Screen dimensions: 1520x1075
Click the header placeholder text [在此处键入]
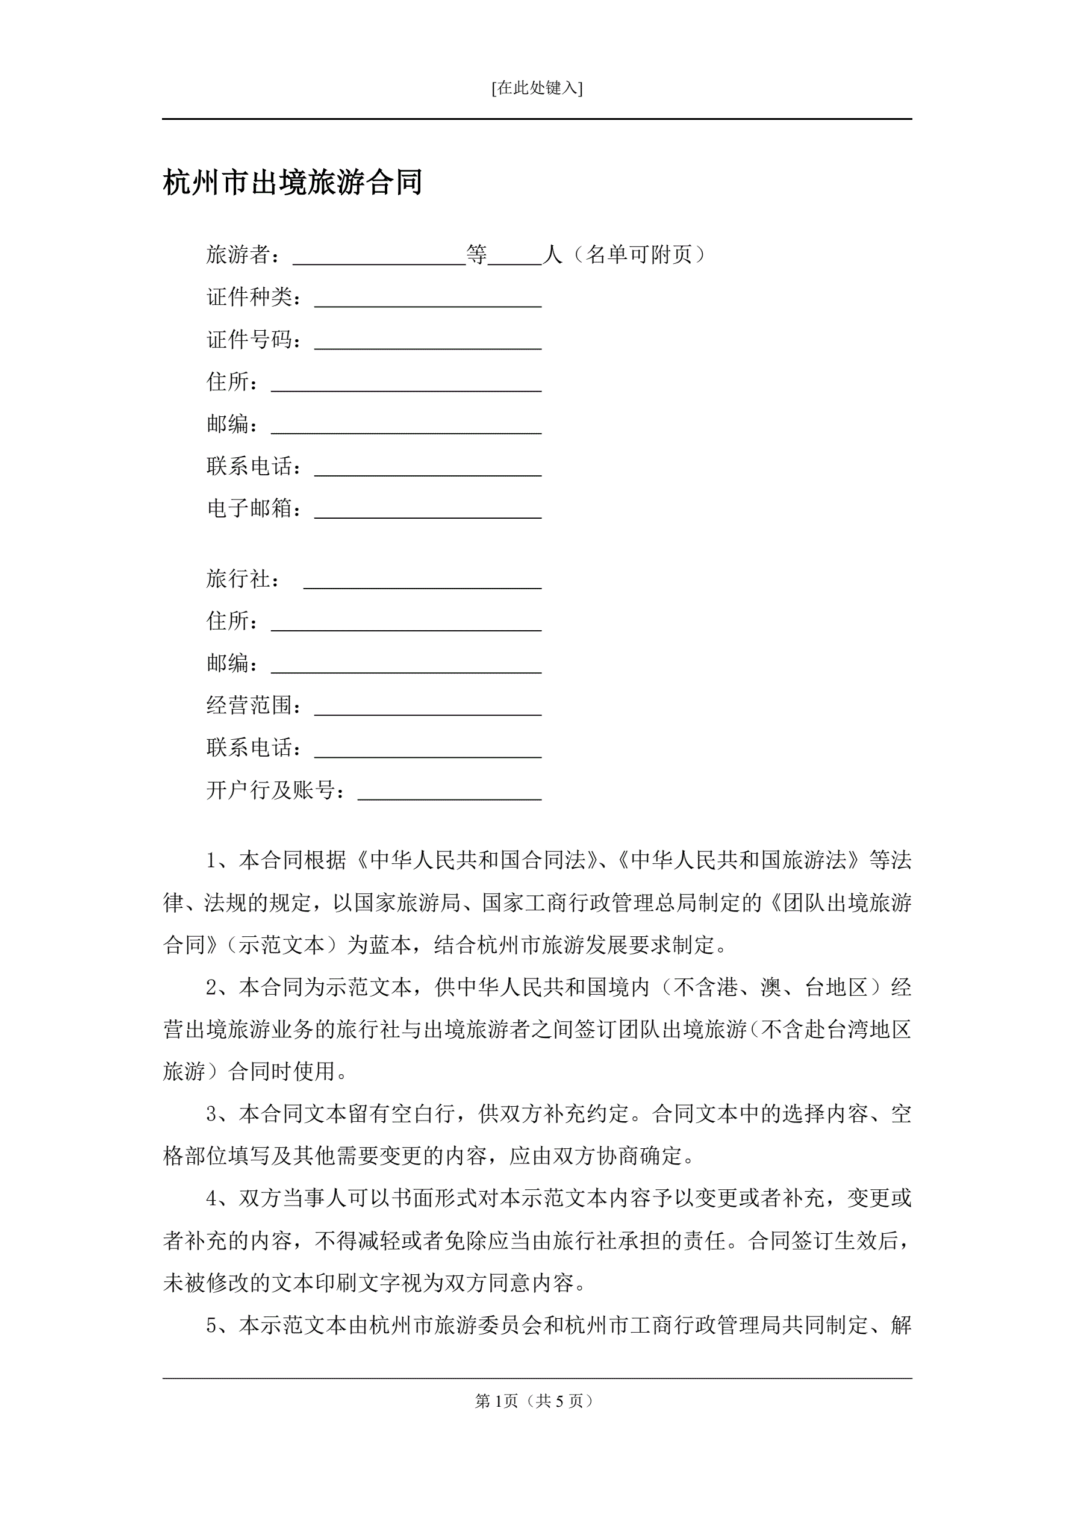[537, 88]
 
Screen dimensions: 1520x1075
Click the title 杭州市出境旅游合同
[293, 183]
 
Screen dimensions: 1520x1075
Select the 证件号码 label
[249, 340]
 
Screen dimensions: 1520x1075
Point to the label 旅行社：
[243, 580]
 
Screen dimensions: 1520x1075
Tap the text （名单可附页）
[639, 254]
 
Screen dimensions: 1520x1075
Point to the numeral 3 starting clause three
[212, 1114]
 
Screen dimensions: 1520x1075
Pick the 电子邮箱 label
[249, 508]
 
